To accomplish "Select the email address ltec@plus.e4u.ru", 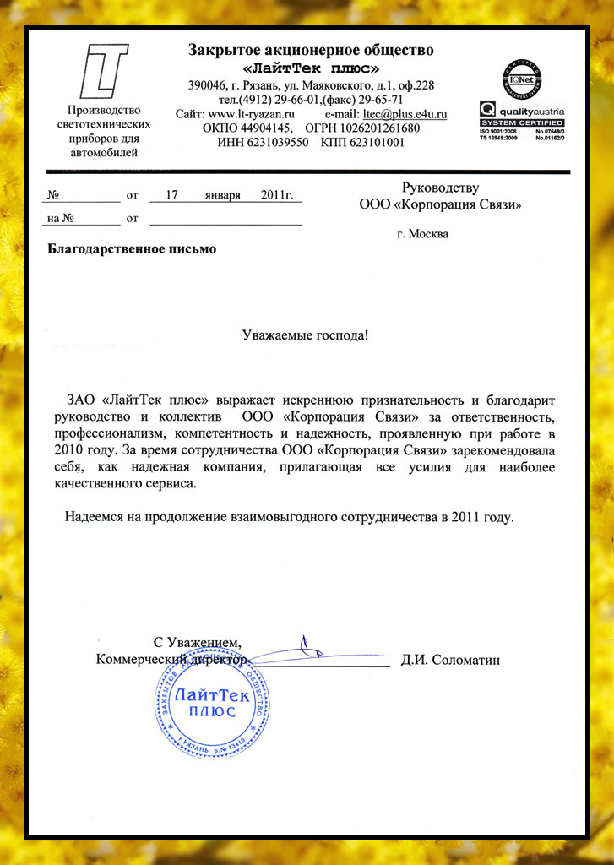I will coord(405,113).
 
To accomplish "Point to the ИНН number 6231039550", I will coord(275,142).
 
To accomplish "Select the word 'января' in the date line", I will coord(222,195).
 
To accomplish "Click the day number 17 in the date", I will coord(171,195).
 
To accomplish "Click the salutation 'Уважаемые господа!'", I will coord(306,335).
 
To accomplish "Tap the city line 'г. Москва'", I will coord(422,234).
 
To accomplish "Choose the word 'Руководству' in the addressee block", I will coord(440,188).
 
